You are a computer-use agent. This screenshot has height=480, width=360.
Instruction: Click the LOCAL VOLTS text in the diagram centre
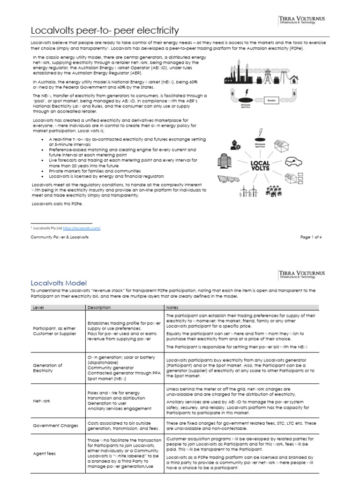tap(260, 165)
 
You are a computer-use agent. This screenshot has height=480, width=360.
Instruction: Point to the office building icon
tap(222, 161)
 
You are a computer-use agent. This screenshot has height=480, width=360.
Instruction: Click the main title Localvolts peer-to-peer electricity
tap(105, 31)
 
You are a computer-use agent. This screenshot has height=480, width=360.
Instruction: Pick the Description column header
tap(99, 307)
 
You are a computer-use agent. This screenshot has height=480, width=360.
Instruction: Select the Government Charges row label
tap(56, 426)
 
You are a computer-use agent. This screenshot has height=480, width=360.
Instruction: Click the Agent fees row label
tap(44, 454)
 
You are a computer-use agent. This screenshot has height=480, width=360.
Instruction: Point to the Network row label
tap(41, 401)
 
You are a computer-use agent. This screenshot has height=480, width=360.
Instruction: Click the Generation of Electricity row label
tap(47, 368)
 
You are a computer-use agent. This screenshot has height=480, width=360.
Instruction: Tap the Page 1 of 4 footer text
tap(311, 237)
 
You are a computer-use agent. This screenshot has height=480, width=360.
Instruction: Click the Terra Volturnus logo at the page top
tap(301, 20)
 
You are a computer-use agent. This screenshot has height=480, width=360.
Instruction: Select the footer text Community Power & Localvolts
tap(60, 237)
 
